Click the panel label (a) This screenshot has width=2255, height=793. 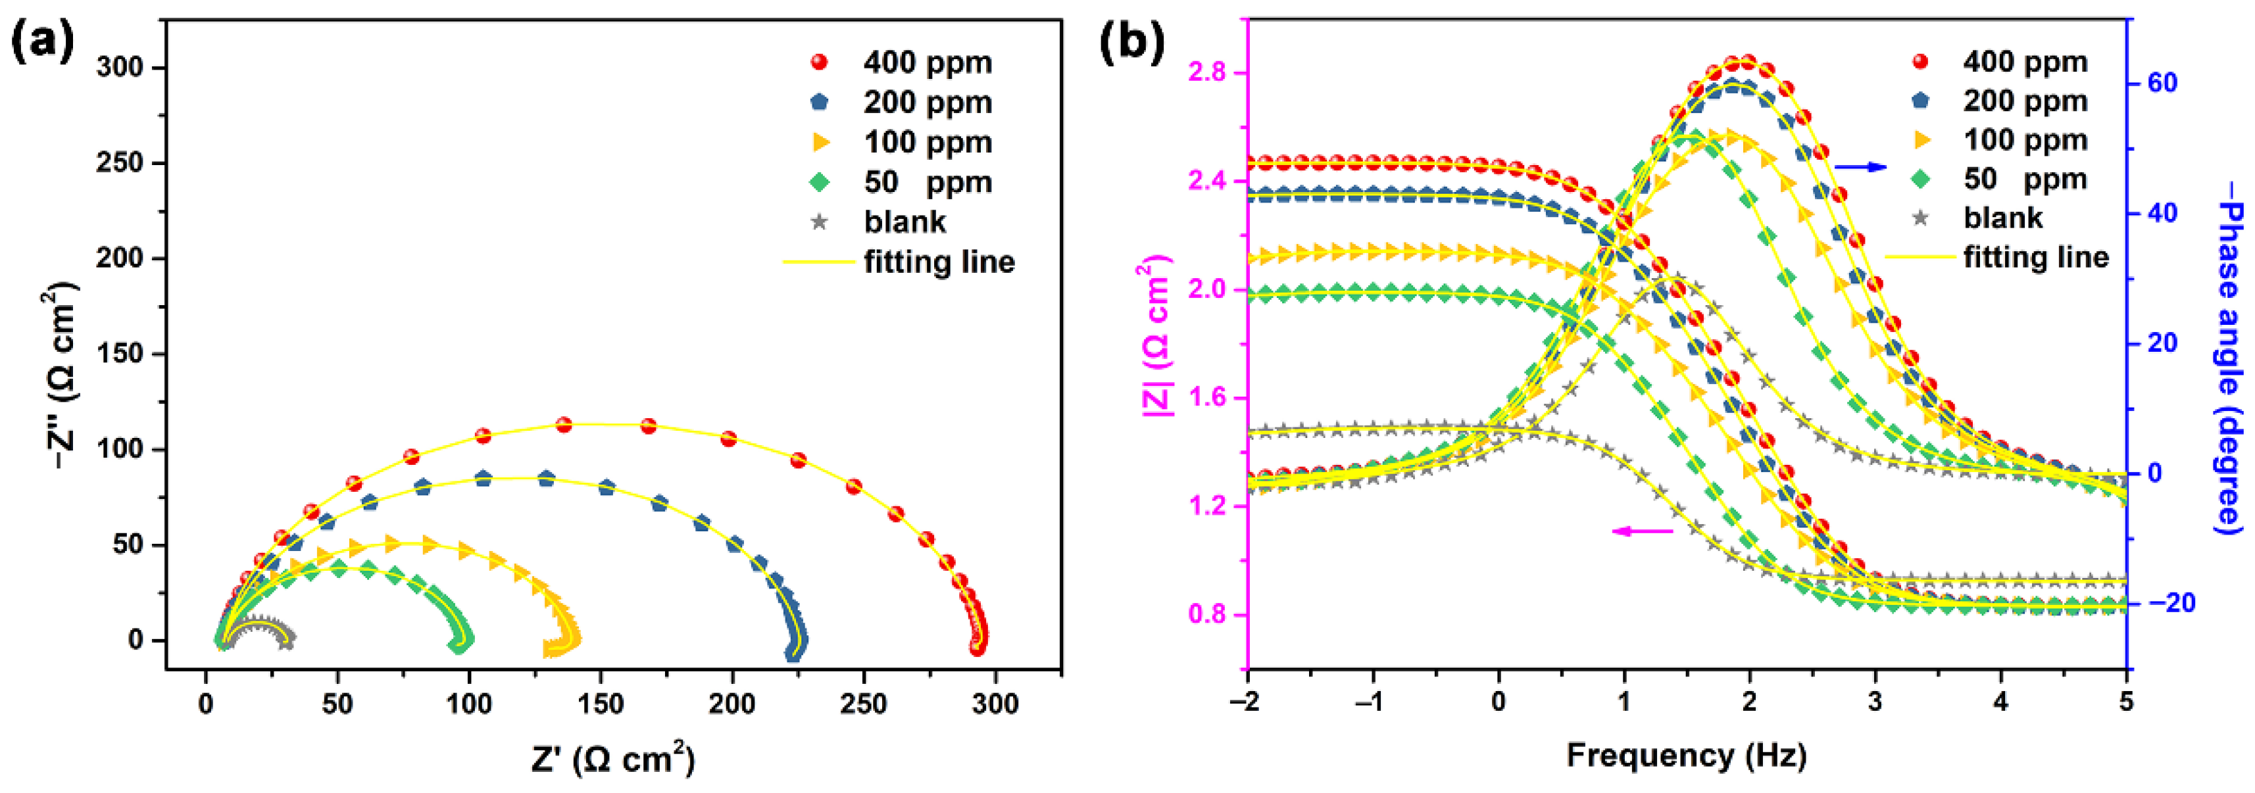(43, 41)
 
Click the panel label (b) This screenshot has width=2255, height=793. (1132, 41)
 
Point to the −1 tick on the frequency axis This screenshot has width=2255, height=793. (1372, 702)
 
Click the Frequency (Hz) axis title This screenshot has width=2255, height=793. (1686, 756)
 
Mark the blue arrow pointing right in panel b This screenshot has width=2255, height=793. (1860, 166)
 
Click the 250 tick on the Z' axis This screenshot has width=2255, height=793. (863, 704)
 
